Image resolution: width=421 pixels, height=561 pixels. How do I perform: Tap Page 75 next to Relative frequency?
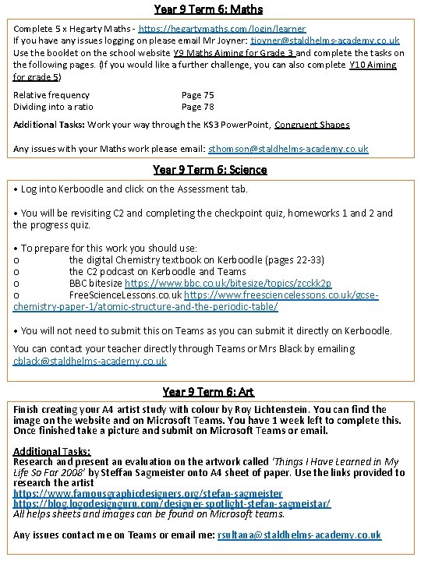point(197,95)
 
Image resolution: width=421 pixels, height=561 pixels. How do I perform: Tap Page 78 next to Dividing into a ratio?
point(197,107)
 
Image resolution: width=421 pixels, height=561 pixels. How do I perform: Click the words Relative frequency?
point(51,95)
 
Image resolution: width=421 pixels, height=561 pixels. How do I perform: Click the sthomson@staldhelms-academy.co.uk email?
point(288,148)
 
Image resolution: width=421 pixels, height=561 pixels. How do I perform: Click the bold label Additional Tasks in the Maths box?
point(50,125)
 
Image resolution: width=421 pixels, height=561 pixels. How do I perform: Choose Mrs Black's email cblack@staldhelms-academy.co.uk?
point(90,362)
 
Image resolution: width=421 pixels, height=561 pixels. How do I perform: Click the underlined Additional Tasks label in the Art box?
point(51,451)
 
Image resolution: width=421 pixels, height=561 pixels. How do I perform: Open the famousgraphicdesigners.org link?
point(147,493)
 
